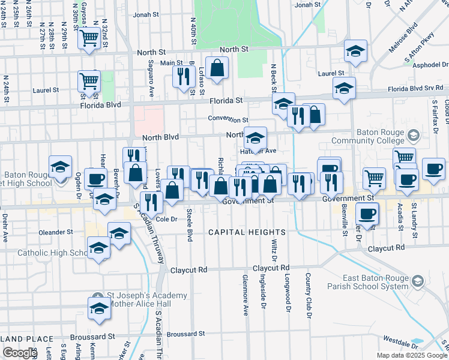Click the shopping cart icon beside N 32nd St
coord(89,38)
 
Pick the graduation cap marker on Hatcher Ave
coord(255,138)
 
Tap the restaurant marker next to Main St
coord(181,76)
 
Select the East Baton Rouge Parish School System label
coord(375,282)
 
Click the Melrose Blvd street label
coord(403,29)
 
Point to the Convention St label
coord(228,120)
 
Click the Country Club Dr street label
coord(307,296)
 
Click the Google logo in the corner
coord(20,353)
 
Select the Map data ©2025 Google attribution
coord(412,355)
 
